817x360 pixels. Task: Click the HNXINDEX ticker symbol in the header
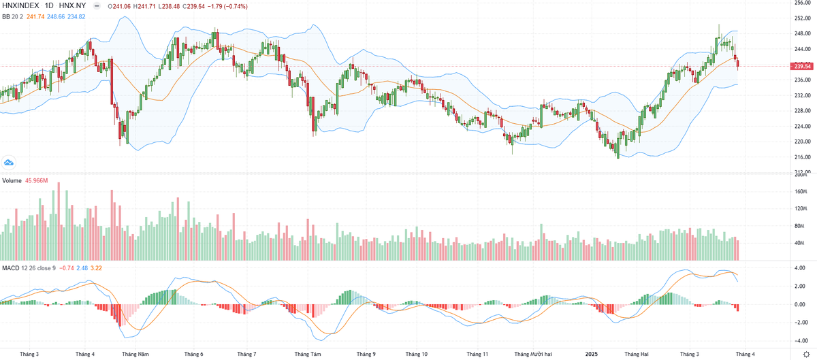click(21, 6)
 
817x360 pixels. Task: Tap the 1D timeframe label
click(50, 6)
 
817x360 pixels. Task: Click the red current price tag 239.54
click(802, 66)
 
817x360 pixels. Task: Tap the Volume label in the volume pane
click(12, 180)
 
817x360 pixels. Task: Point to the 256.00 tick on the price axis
click(801, 3)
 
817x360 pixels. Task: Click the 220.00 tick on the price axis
click(801, 142)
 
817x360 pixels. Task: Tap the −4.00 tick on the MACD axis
click(799, 341)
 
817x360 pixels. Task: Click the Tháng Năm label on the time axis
click(135, 354)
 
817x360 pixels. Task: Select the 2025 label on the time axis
click(591, 354)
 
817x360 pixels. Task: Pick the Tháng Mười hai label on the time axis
click(532, 354)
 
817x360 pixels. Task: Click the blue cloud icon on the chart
click(9, 162)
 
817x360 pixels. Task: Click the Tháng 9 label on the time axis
click(366, 354)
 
